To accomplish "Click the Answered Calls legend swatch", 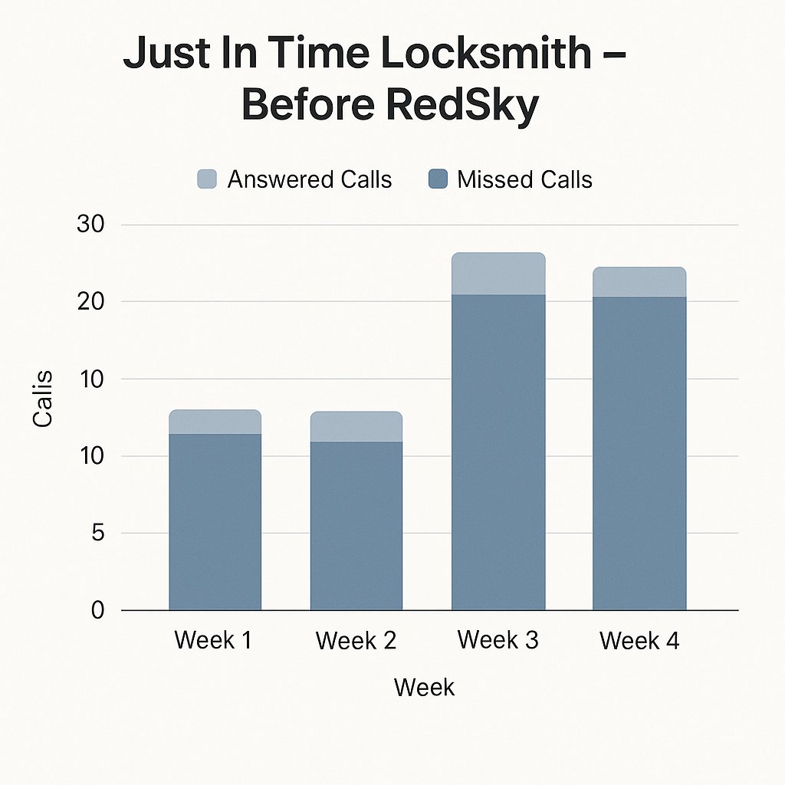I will [207, 179].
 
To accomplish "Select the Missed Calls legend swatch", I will [437, 179].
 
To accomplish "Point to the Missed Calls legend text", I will [524, 179].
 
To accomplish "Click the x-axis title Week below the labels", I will [424, 687].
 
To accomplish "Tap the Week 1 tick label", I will [213, 640].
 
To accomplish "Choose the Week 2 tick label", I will [356, 640].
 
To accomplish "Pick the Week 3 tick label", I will [498, 640].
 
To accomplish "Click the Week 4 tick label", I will [639, 640].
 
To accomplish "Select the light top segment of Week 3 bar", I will [498, 274].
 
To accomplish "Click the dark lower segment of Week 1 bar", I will [215, 521].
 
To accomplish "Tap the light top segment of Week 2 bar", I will [356, 426].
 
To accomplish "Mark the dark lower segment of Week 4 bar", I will [639, 452].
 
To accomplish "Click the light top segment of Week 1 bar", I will [215, 422].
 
